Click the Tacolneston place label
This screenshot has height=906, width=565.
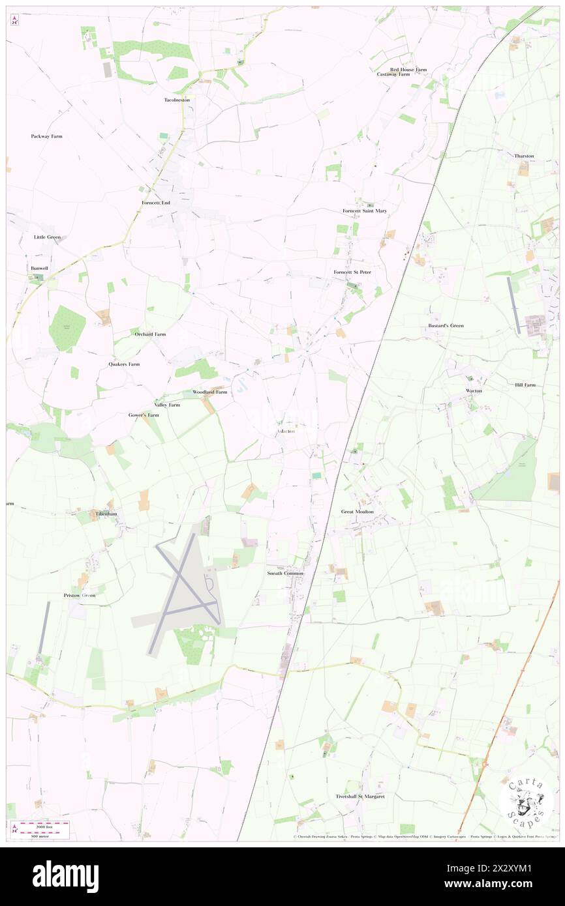[x=177, y=100]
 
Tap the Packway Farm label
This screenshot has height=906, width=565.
[x=46, y=136]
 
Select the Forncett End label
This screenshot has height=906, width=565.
[x=156, y=203]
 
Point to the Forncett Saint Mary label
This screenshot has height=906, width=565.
[x=365, y=211]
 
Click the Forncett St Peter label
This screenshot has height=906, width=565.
[x=352, y=271]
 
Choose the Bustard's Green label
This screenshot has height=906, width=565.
[x=446, y=325]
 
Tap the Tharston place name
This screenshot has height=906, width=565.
[x=524, y=156]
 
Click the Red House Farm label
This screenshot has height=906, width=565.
[x=408, y=69]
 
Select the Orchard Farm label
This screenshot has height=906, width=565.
[x=150, y=334]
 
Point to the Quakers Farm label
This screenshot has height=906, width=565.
[x=124, y=364]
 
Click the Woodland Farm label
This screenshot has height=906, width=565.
[x=209, y=392]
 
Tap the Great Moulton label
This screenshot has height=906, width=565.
[x=358, y=512]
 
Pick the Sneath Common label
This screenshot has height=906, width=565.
[x=285, y=573]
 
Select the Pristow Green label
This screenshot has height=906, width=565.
[x=80, y=595]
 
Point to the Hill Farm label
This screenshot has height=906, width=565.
[x=525, y=385]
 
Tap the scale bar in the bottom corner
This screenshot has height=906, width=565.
[x=40, y=829]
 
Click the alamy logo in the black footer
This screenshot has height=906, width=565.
[x=65, y=877]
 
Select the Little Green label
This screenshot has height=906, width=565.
[x=47, y=237]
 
